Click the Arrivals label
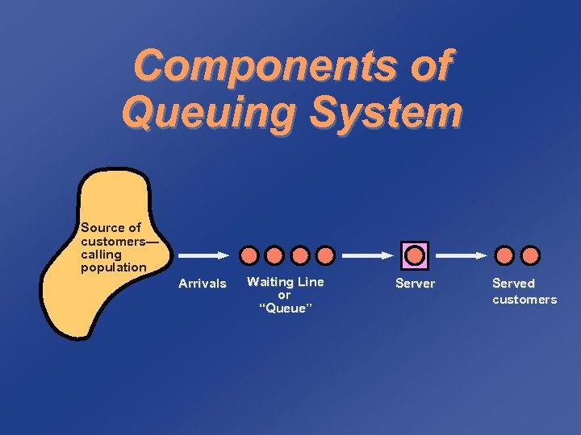click(x=202, y=284)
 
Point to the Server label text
click(x=415, y=284)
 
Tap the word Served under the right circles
click(x=513, y=284)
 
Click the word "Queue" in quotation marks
click(x=284, y=309)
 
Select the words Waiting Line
click(x=285, y=282)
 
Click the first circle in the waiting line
click(x=250, y=256)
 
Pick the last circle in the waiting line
click(x=325, y=256)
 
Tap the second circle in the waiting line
click(x=275, y=256)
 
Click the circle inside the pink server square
click(x=415, y=255)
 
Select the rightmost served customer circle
click(x=530, y=256)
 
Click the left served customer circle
click(x=504, y=256)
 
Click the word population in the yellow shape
click(x=114, y=267)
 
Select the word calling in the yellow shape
click(x=101, y=254)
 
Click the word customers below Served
click(x=525, y=300)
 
